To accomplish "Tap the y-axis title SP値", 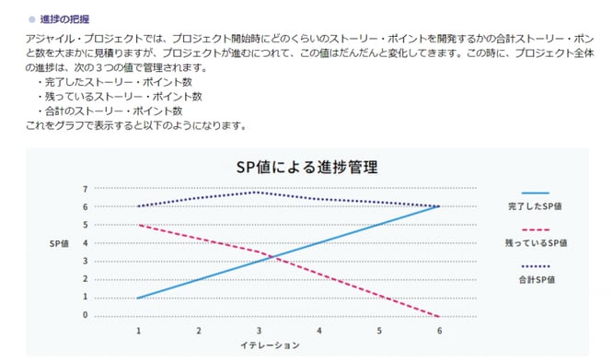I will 60,245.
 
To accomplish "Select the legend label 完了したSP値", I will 535,205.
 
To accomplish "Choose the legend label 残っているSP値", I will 537,242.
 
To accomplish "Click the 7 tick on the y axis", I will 85,189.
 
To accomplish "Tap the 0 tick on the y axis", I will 85,315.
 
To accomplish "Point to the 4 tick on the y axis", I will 85,243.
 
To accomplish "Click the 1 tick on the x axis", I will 138,329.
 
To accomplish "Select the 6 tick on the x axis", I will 439,329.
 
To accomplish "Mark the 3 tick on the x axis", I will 259,329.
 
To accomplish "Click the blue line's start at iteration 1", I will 138,298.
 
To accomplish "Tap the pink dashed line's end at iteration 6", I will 439,315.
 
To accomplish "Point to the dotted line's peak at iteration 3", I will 259,192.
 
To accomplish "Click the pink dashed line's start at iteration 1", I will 138,225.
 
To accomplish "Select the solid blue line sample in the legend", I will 535,193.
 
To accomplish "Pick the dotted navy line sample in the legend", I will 535,264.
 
